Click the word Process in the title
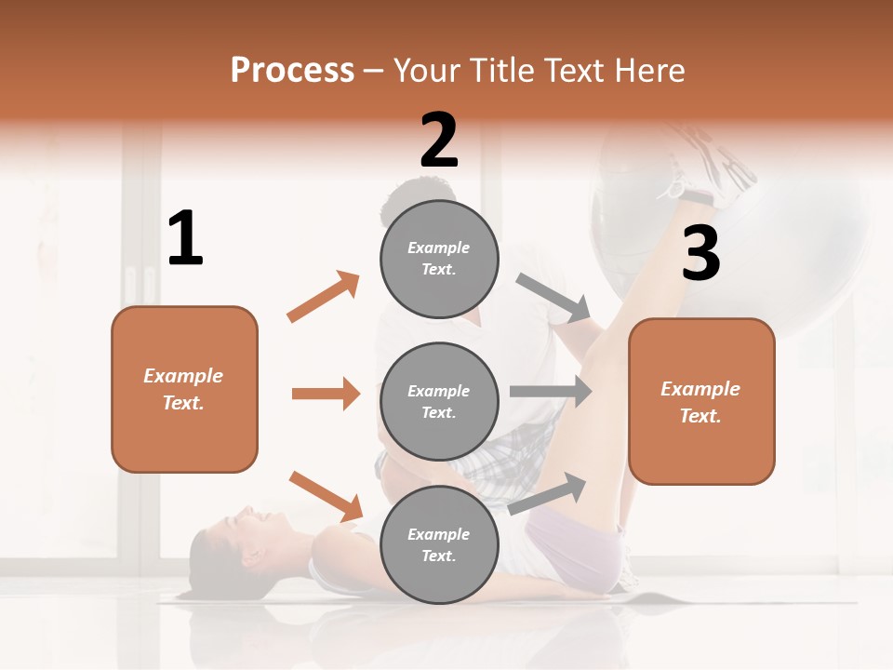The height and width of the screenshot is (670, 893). click(x=292, y=70)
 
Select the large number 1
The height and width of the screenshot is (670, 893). click(x=185, y=239)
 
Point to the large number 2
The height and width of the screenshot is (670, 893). click(x=439, y=141)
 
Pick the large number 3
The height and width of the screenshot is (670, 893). click(x=700, y=253)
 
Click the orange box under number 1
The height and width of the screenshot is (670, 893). click(x=184, y=389)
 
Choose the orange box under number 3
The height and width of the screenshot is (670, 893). click(x=701, y=401)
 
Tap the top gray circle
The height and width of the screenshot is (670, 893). click(x=439, y=258)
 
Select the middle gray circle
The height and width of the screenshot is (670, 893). click(x=439, y=401)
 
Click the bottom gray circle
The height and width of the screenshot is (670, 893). click(x=439, y=544)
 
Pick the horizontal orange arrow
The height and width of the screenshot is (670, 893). click(x=326, y=394)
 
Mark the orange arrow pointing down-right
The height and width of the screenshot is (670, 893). click(x=326, y=496)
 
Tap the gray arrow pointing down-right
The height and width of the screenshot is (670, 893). click(x=553, y=299)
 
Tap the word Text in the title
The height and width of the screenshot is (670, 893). click(x=578, y=70)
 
